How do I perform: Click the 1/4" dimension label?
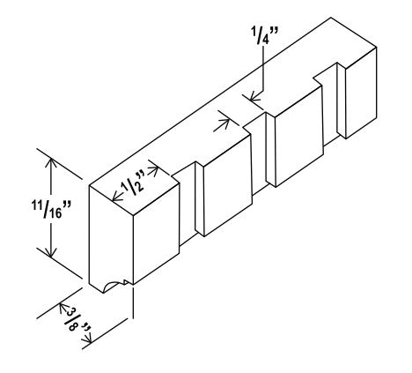pyautogui.click(x=264, y=35)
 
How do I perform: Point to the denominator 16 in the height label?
pyautogui.click(x=55, y=213)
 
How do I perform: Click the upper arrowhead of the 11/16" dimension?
pyautogui.click(x=51, y=163)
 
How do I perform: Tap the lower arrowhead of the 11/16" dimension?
pyautogui.click(x=51, y=251)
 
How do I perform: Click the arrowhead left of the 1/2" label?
pyautogui.click(x=118, y=196)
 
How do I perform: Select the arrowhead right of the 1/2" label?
pyautogui.click(x=153, y=170)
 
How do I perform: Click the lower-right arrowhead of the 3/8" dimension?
pyautogui.click(x=88, y=339)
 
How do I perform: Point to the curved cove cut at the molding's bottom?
pyautogui.click(x=114, y=285)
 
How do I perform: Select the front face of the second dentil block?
pyautogui.click(x=228, y=185)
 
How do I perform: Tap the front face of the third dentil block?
pyautogui.click(x=299, y=136)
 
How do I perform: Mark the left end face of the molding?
pyautogui.click(x=111, y=239)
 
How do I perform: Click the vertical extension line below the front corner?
pyautogui.click(x=134, y=302)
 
